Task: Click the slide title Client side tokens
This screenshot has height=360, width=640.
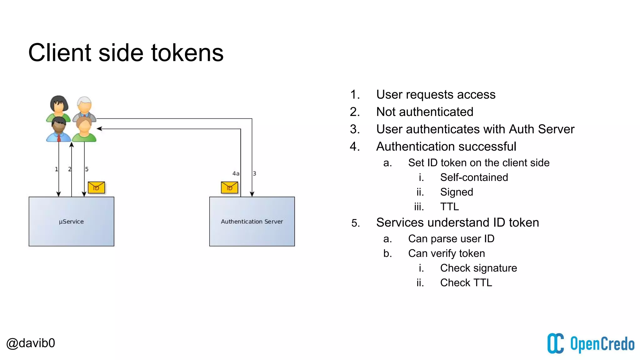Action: (126, 53)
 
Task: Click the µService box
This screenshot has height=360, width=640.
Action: (71, 221)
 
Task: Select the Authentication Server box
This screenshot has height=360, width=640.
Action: (252, 221)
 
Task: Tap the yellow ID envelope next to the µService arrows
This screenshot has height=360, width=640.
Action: (96, 187)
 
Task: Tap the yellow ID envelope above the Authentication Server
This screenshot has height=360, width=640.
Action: (229, 187)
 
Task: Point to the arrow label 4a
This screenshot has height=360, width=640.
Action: (236, 173)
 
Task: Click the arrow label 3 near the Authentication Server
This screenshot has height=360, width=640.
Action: (255, 173)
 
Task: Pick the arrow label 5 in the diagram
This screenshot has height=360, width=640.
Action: (87, 169)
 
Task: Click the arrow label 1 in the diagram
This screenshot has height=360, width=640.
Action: (57, 169)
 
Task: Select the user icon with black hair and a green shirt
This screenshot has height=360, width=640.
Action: (58, 106)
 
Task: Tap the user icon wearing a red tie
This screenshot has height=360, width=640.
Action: (58, 130)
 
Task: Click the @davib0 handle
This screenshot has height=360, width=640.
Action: (31, 343)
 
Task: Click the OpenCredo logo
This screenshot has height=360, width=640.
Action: (590, 343)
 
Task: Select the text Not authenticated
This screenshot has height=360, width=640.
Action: (424, 112)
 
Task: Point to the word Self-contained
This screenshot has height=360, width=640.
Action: (474, 177)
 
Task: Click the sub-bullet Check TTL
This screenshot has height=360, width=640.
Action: (466, 283)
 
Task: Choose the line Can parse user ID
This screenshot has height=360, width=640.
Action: (451, 239)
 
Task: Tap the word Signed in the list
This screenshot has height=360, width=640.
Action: (456, 192)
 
